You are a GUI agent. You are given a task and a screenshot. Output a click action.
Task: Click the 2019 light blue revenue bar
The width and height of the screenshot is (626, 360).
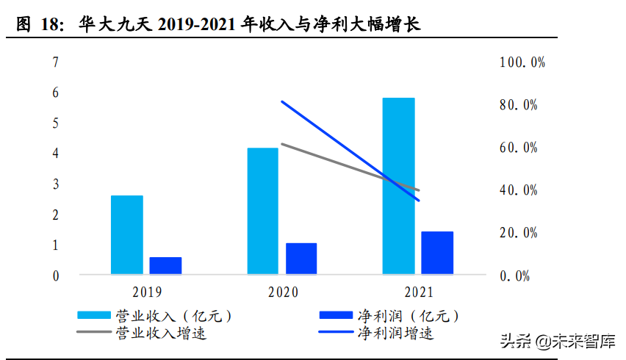pos(127,235)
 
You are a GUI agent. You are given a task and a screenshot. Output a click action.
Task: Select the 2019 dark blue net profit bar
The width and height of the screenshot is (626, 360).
pos(165,266)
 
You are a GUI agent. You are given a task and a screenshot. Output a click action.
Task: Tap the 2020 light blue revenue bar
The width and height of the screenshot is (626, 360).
pos(263,212)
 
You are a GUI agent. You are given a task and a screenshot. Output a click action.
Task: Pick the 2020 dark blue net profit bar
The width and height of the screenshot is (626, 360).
pos(301,259)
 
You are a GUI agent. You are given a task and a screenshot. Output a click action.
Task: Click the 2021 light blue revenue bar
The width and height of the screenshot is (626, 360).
pos(398,187)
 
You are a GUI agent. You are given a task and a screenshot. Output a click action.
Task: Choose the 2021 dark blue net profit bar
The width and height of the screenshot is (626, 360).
pos(437,253)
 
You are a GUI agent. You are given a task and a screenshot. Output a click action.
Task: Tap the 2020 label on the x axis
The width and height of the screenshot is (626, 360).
pos(282,292)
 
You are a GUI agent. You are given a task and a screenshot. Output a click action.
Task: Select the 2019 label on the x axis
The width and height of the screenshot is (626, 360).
pos(147,292)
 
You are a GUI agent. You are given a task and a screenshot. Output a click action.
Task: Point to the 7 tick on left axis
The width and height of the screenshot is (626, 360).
pos(56,62)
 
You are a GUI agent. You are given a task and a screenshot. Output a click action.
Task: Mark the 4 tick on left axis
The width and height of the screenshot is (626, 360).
pos(56,154)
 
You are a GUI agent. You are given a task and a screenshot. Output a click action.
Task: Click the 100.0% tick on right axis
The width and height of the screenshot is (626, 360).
pos(522,62)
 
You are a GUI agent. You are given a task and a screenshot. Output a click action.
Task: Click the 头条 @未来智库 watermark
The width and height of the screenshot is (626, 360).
pos(557,341)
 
